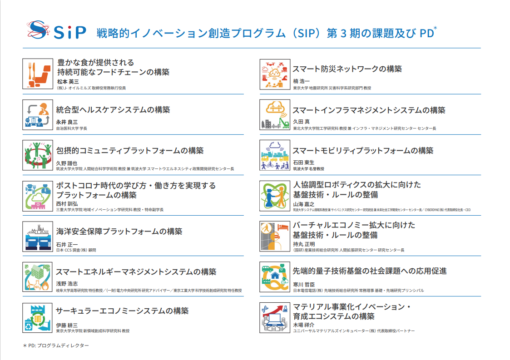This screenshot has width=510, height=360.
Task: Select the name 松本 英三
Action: pos(67,82)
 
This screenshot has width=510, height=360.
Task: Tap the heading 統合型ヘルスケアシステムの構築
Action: pos(113,110)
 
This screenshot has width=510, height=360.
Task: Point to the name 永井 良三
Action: pos(67,122)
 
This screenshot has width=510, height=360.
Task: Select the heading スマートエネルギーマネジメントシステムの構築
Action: pos(136,272)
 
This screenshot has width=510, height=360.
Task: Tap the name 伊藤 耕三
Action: pos(67,325)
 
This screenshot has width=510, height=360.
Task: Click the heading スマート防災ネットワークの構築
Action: pos(347,69)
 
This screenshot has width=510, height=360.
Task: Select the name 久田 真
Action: pos(301,122)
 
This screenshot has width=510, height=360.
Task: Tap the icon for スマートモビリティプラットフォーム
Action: pos(275,155)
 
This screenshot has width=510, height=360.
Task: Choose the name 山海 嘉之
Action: pos(304,205)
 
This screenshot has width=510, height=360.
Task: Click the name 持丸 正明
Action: pos(304,244)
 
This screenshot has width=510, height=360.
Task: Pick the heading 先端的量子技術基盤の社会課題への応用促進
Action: pos(370,271)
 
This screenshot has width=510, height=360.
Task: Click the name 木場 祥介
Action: pos(304,325)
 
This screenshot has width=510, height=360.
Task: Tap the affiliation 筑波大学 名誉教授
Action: pos(308,169)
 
